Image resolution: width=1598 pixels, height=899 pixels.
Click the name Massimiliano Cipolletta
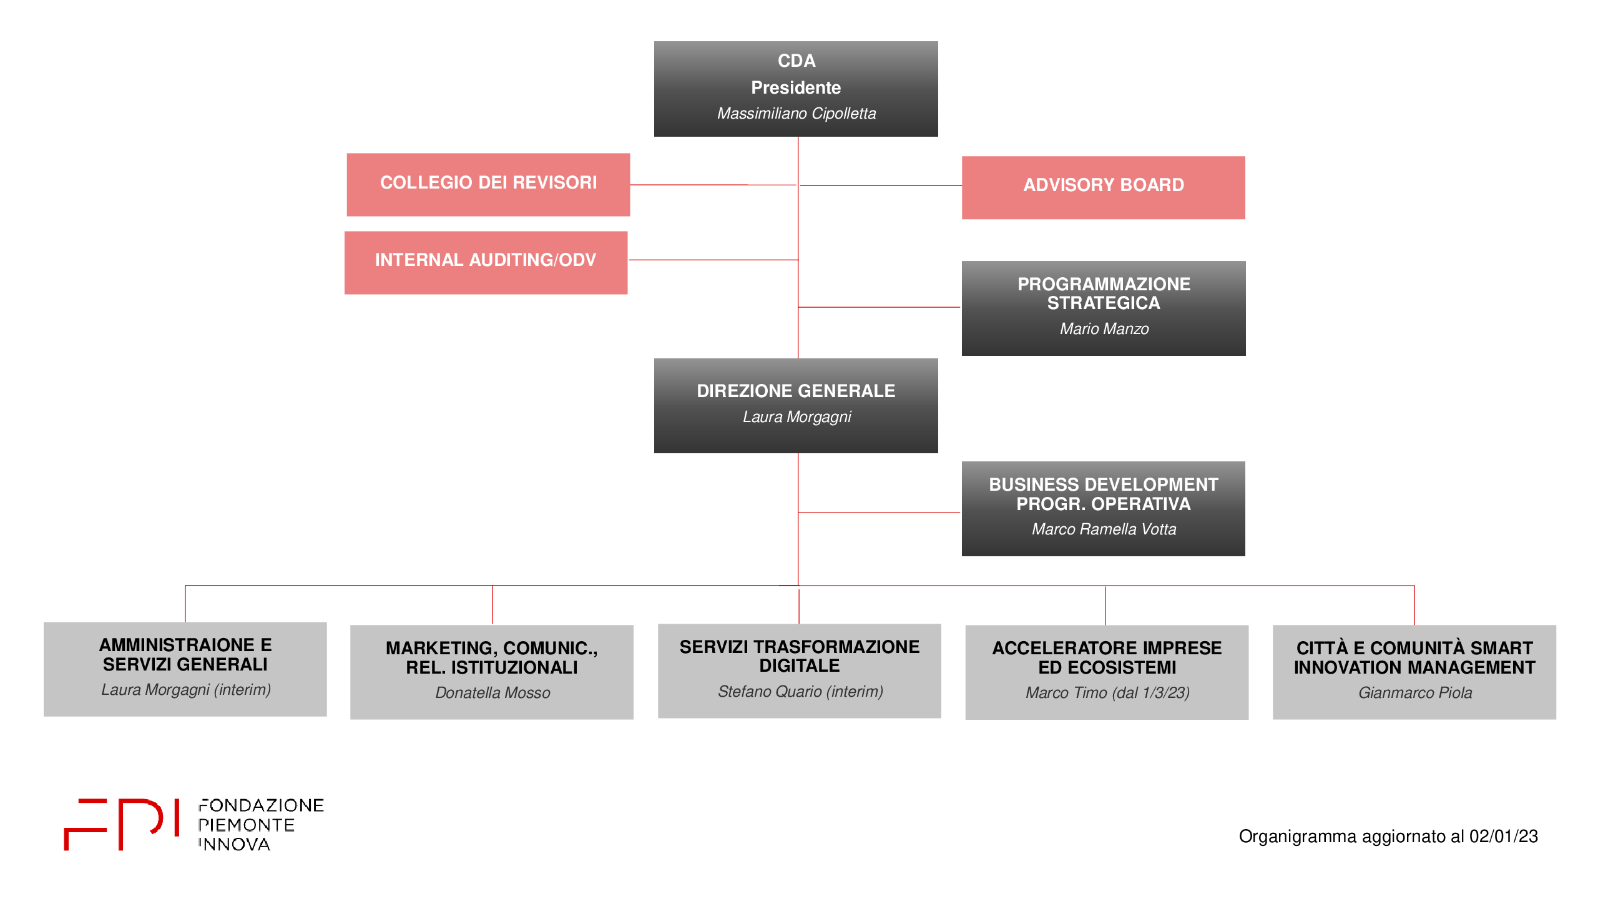797,114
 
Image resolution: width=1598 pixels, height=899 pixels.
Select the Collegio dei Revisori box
488,185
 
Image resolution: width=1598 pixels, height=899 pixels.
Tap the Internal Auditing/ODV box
486,263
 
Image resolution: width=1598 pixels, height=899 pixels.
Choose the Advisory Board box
1104,187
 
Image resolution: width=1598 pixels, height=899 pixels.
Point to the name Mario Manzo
1104,329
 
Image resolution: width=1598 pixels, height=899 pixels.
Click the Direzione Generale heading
796,391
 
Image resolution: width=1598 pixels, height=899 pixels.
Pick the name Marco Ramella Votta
1104,529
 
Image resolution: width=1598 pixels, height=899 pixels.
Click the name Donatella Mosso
493,693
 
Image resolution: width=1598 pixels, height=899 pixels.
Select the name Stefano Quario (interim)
800,692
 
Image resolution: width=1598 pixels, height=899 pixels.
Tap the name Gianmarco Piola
1415,693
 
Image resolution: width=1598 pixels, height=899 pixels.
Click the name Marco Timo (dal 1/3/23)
1107,693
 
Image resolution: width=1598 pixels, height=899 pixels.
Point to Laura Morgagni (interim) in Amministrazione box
186,690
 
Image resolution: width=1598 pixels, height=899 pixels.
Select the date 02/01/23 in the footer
1503,837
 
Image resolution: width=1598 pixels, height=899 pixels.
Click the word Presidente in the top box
796,87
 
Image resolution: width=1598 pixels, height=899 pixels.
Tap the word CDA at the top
797,61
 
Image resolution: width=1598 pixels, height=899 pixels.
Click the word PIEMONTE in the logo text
247,825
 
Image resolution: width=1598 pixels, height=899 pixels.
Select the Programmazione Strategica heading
1104,293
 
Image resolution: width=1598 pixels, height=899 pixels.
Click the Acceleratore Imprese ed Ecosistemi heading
1107,658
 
